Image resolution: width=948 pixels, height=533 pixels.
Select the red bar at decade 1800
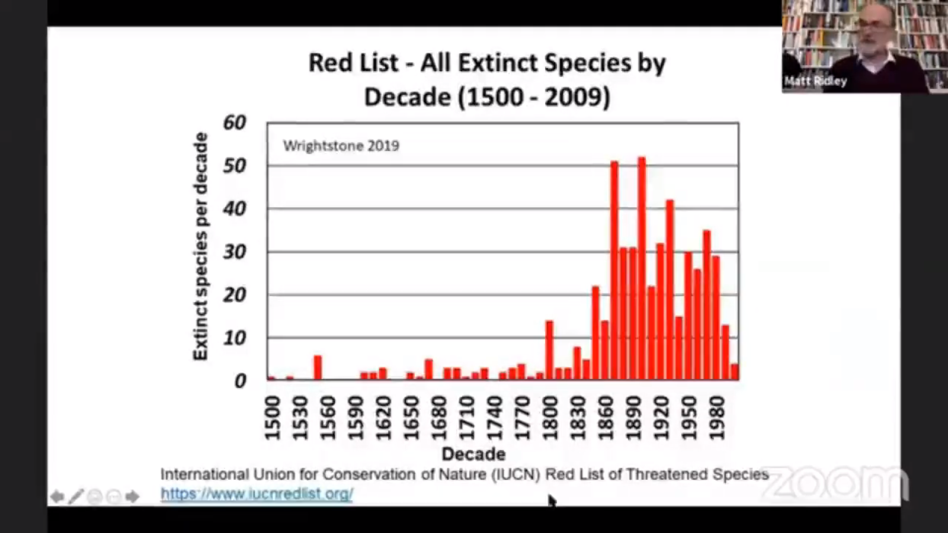coord(549,349)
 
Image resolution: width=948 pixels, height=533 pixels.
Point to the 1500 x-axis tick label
coord(272,418)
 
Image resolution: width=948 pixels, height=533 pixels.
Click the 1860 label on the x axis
coord(606,418)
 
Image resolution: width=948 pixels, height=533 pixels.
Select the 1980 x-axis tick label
coord(717,418)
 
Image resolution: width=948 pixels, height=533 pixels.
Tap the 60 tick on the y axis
coord(235,123)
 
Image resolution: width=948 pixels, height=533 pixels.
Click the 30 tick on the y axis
coord(235,252)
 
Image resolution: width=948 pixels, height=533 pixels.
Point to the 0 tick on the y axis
coord(240,381)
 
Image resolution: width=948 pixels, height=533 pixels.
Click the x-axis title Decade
coord(473,454)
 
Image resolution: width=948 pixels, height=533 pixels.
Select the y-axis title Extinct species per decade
coord(201,246)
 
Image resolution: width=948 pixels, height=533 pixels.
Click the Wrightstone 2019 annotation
coord(341,146)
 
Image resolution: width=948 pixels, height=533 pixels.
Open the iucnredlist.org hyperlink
coord(257,493)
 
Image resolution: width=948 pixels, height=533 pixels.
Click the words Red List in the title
coord(353,63)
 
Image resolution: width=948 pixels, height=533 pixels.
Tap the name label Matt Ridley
coord(815,81)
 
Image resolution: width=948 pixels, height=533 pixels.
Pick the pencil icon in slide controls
coord(76,496)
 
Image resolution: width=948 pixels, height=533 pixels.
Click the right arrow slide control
coord(132,496)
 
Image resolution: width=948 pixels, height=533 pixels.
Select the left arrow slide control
coord(57,496)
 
